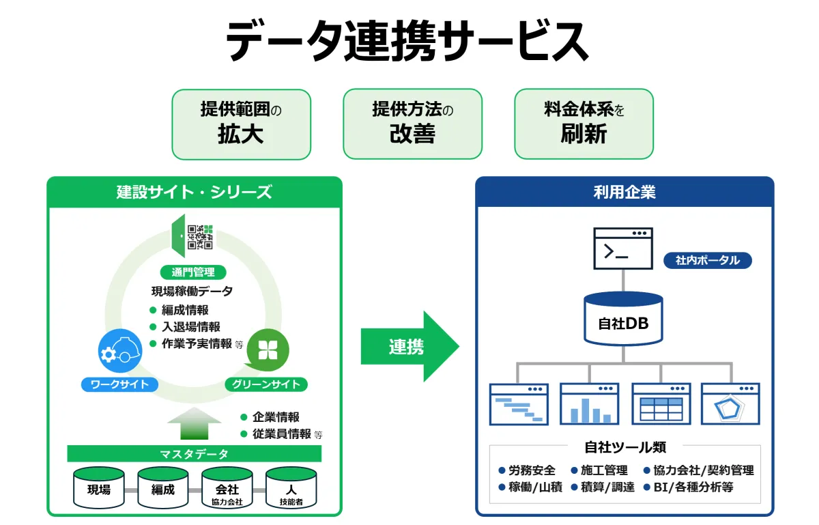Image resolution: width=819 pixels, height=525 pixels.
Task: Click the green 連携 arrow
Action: (409, 346)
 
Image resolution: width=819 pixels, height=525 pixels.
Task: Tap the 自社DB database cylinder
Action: (623, 318)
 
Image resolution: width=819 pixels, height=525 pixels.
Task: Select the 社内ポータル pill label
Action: (708, 261)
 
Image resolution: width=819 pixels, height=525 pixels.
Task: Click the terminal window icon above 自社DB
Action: (623, 249)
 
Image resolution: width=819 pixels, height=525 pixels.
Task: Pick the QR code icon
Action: (200, 237)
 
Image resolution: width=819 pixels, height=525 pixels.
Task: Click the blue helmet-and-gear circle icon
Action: (120, 350)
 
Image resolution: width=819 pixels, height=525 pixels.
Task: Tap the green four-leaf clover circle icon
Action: (268, 350)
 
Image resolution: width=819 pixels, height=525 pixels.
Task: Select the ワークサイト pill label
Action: (119, 384)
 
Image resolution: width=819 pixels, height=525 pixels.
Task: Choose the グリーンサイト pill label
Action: (265, 384)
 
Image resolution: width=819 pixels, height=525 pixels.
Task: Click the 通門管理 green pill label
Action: (193, 272)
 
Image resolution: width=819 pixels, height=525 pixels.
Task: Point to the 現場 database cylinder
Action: (99, 487)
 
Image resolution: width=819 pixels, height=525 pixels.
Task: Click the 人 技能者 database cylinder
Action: (291, 487)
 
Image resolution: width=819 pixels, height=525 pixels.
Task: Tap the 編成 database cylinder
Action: (163, 487)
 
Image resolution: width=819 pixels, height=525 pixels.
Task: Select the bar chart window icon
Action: (590, 404)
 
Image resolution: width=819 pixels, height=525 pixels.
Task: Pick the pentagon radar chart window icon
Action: (730, 404)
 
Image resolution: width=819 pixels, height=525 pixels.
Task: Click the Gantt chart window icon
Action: (519, 404)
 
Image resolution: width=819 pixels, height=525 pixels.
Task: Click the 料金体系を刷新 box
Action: (584, 124)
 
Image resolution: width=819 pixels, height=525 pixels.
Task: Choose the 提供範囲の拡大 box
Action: (242, 124)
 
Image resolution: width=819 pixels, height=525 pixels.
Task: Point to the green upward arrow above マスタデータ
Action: (194, 423)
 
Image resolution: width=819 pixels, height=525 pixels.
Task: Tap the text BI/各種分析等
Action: (693, 487)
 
